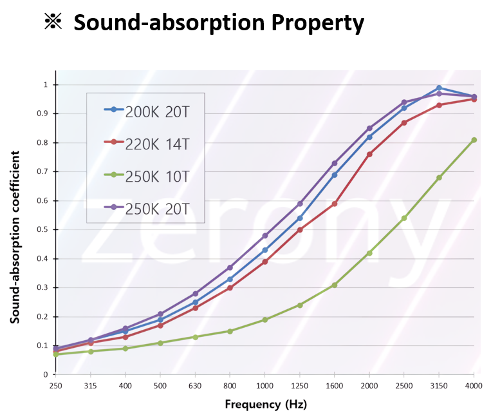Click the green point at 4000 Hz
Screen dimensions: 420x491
pos(474,140)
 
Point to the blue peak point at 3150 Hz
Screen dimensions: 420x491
pos(439,88)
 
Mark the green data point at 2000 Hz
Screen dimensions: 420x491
pos(369,253)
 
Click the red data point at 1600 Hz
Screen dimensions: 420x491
pos(335,204)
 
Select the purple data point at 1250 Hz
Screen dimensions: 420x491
pos(300,204)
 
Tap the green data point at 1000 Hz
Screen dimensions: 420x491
pos(264,320)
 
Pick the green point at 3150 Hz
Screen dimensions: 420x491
pos(439,178)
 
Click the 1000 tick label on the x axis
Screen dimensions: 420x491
pos(264,385)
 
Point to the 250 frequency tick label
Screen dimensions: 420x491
pos(56,385)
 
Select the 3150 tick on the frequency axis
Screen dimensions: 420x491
pos(439,385)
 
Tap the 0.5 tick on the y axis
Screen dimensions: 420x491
pos(44,230)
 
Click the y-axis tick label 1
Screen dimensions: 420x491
pos(46,85)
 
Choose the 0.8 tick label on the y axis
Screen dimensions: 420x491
pos(44,143)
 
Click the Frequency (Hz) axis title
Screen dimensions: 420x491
pos(265,405)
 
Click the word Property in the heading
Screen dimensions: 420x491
pos(318,23)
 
